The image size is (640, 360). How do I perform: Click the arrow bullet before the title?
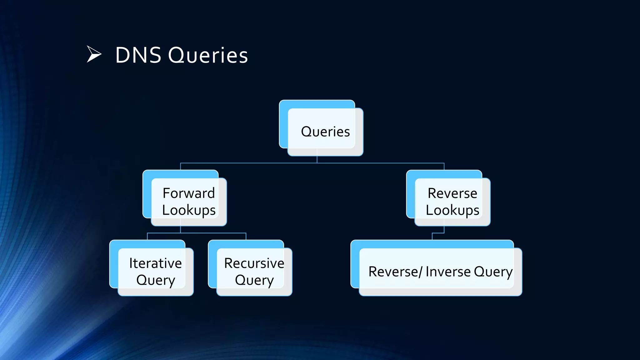(x=94, y=54)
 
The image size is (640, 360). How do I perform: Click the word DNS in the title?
(x=138, y=55)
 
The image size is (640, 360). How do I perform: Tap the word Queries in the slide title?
(x=208, y=55)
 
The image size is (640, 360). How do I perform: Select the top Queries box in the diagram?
(x=325, y=132)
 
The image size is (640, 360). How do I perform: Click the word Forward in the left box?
(x=189, y=193)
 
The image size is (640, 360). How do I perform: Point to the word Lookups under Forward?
(x=189, y=210)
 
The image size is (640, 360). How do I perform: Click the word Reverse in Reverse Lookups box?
(x=452, y=193)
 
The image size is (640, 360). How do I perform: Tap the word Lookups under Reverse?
(x=452, y=210)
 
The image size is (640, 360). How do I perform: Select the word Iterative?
(x=155, y=263)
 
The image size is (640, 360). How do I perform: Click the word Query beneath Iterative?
(x=155, y=280)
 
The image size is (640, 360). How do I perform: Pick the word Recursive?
(x=254, y=263)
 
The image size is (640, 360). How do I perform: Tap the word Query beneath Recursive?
(x=254, y=280)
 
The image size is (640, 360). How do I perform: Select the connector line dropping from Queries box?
(x=317, y=159)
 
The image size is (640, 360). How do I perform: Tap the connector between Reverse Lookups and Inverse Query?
(x=438, y=233)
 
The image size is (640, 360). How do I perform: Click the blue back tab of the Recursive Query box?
(x=212, y=266)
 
